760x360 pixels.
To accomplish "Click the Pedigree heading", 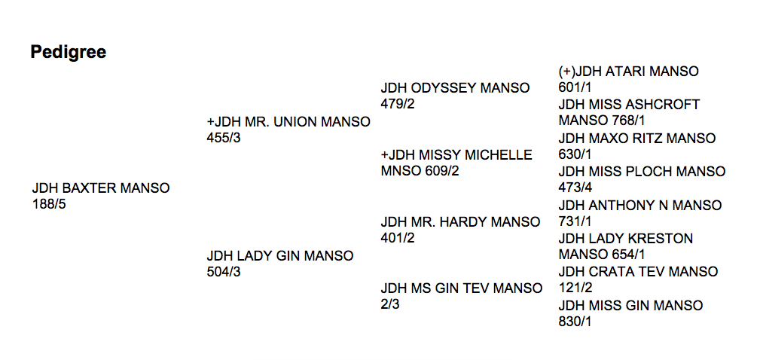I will pyautogui.click(x=69, y=52).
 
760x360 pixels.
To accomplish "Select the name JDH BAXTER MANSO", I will pyautogui.click(x=101, y=188).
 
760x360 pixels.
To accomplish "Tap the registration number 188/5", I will pyautogui.click(x=49, y=204).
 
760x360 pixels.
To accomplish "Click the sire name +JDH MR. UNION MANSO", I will pyautogui.click(x=288, y=122).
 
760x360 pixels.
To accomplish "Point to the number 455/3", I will pyautogui.click(x=224, y=138).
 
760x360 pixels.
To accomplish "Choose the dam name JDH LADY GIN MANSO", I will pyautogui.click(x=280, y=256).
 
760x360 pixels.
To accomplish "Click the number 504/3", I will pyautogui.click(x=224, y=272).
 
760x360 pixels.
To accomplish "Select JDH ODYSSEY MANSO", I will pyautogui.click(x=455, y=88).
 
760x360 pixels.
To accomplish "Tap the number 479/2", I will pyautogui.click(x=398, y=104).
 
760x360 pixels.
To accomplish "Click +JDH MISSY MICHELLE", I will pyautogui.click(x=456, y=155).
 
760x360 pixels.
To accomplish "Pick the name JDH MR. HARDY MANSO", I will pyautogui.click(x=460, y=222).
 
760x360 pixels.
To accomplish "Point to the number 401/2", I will pyautogui.click(x=398, y=238).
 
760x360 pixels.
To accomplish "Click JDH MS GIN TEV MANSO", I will pyautogui.click(x=462, y=288).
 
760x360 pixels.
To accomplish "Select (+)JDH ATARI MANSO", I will pyautogui.click(x=629, y=72).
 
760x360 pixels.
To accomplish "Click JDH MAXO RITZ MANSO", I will pyautogui.click(x=637, y=139).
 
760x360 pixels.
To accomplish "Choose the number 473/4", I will pyautogui.click(x=575, y=188).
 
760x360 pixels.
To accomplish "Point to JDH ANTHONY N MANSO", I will pyautogui.click(x=640, y=206).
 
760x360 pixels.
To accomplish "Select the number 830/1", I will pyautogui.click(x=575, y=322).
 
